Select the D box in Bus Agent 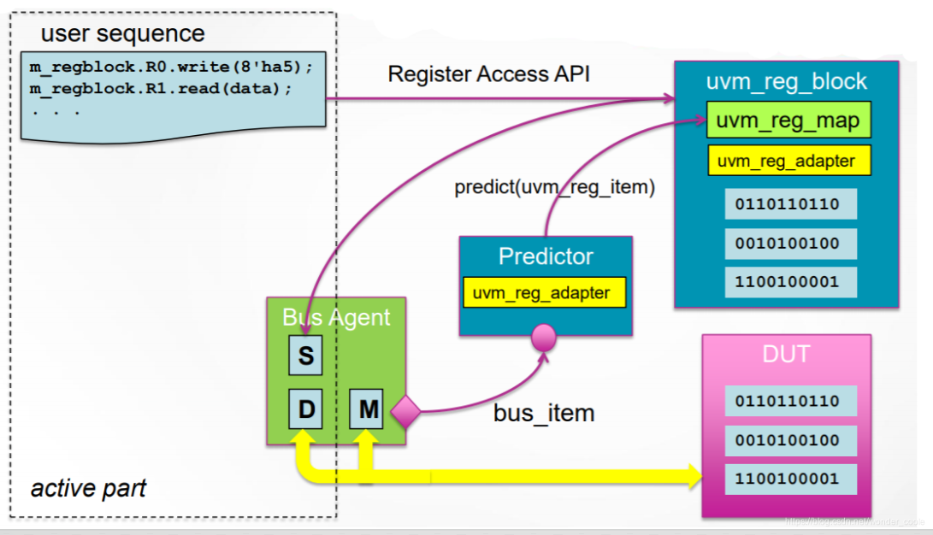point(305,410)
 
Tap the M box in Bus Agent point(369,410)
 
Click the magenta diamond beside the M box point(405,413)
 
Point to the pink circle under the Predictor point(544,337)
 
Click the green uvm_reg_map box point(788,121)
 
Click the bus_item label point(544,413)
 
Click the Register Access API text point(489,74)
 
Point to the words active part point(88,489)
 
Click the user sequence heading point(122,34)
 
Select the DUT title point(786,354)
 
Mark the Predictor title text point(546,256)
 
